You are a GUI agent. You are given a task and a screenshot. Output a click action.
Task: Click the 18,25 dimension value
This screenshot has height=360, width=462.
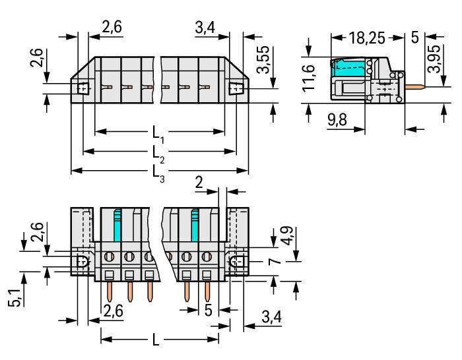pyautogui.click(x=367, y=38)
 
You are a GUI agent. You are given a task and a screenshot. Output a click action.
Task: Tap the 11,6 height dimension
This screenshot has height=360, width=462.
pyautogui.click(x=308, y=77)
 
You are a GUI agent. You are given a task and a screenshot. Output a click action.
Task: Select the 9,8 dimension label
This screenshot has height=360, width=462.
pyautogui.click(x=337, y=120)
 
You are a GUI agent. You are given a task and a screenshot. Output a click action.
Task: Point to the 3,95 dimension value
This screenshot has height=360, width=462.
pyautogui.click(x=434, y=59)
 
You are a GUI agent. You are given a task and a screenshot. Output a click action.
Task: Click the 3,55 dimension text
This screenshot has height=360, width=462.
pyautogui.click(x=263, y=59)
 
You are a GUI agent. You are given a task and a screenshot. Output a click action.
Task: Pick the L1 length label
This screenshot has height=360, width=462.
pyautogui.click(x=158, y=134)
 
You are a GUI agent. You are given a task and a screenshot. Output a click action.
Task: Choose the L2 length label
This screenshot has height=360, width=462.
pyautogui.click(x=158, y=154)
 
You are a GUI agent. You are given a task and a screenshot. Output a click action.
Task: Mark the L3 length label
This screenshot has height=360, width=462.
pyautogui.click(x=158, y=173)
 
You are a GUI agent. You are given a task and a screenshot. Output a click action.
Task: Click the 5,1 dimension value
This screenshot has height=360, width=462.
pyautogui.click(x=14, y=298)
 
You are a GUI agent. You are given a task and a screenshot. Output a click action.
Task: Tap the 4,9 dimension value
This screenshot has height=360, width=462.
pyautogui.click(x=286, y=235)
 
